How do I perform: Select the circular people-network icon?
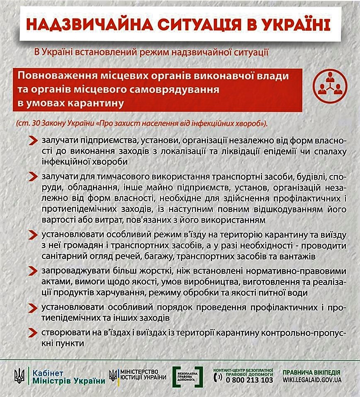[330, 85]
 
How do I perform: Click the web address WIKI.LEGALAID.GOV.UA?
[312, 380]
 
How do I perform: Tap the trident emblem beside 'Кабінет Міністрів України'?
[19, 376]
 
